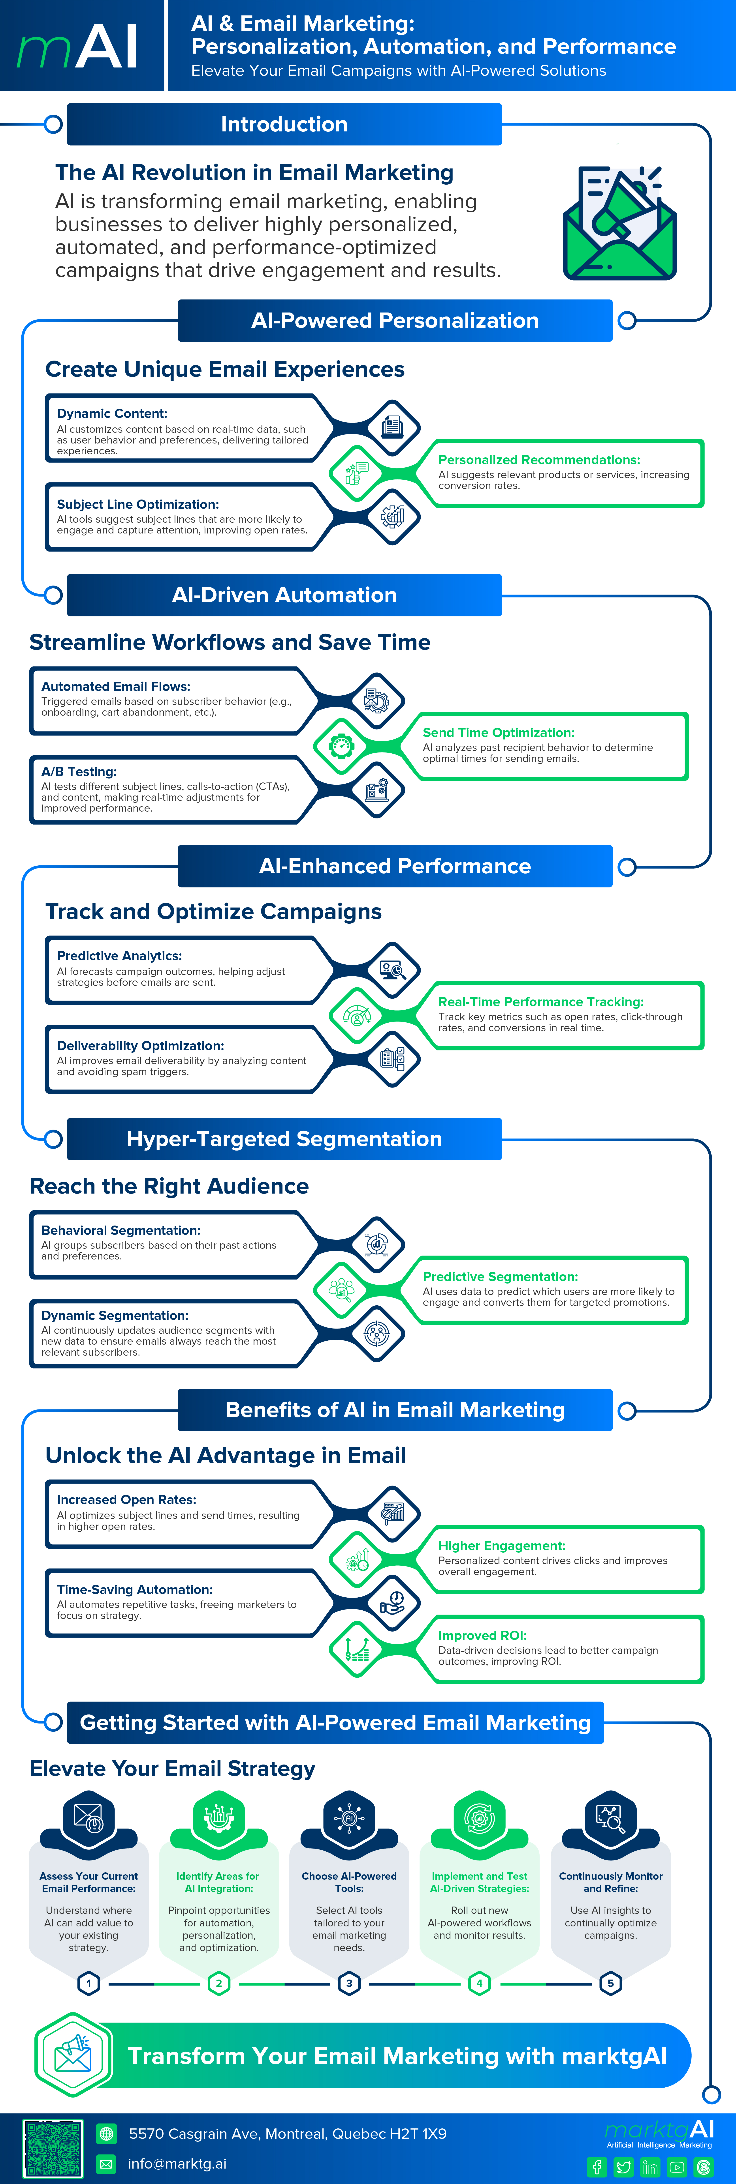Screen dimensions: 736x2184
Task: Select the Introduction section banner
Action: click(284, 125)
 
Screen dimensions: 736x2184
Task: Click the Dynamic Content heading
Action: click(112, 414)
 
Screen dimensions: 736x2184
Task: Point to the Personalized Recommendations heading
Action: click(539, 460)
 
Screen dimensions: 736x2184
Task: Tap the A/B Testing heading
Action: click(79, 771)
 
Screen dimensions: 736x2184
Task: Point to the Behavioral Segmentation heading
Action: click(121, 1230)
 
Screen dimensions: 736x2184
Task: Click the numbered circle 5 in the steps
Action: click(610, 1983)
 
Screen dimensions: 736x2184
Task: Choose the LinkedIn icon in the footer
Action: click(650, 2167)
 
